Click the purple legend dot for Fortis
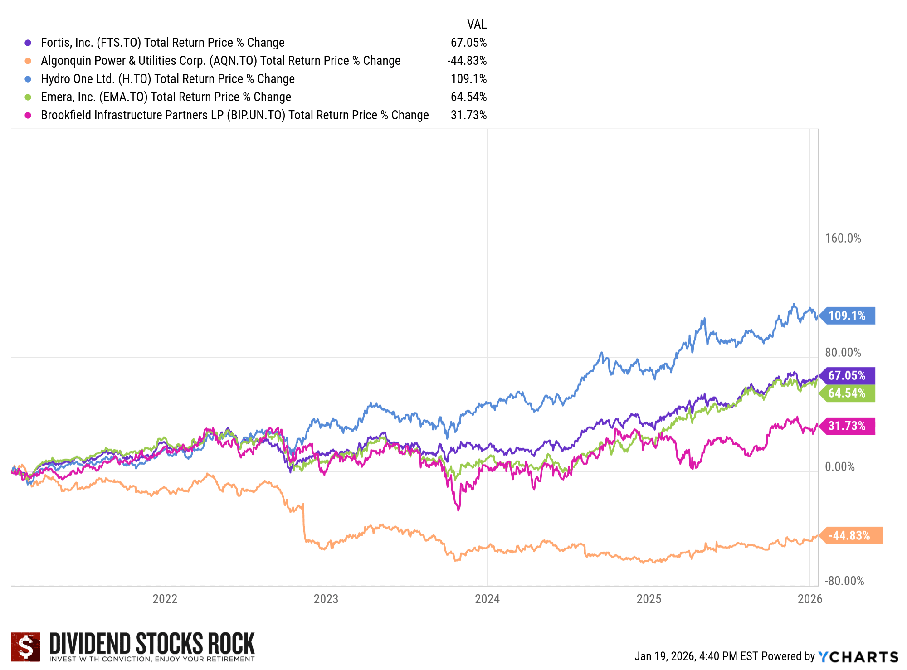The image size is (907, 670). [x=28, y=43]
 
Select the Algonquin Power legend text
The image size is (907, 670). [x=220, y=61]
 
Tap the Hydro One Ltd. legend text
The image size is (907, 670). [x=167, y=79]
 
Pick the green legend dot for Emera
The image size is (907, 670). [x=28, y=97]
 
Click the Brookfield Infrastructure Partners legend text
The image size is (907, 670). [x=234, y=115]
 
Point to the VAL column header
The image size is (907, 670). [x=477, y=24]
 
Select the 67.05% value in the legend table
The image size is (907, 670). [x=468, y=43]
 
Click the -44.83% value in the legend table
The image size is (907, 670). [x=467, y=61]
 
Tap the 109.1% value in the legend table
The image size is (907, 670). [x=468, y=79]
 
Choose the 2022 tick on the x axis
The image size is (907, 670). [x=165, y=599]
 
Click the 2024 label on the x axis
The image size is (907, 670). [x=487, y=599]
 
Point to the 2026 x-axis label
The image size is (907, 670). [x=810, y=599]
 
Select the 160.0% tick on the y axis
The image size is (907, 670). [x=843, y=238]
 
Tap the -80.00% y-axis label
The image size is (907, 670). [x=844, y=581]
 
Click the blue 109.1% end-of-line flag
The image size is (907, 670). [x=847, y=316]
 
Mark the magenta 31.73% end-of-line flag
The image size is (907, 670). [x=847, y=426]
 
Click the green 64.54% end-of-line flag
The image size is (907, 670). [x=847, y=393]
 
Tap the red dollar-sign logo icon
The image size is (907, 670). [x=25, y=647]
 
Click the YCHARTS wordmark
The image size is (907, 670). [x=858, y=656]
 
